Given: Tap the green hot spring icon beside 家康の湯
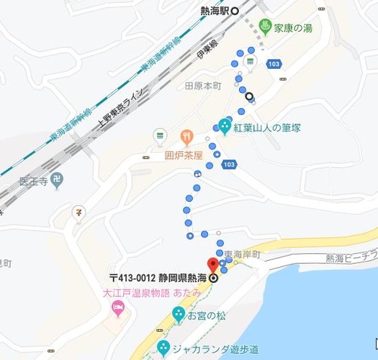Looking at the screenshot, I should click(265, 28).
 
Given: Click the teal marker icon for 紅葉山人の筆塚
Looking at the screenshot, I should click(225, 124).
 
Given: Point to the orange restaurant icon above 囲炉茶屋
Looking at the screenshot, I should click(185, 137).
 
